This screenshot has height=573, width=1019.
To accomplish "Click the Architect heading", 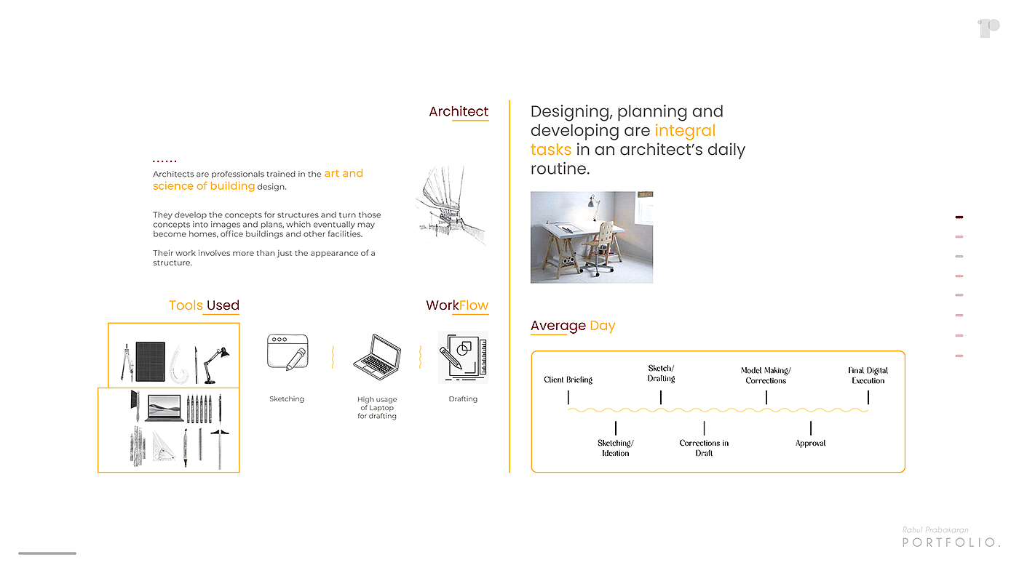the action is (459, 112).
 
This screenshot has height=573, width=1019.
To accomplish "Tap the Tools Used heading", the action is (204, 305).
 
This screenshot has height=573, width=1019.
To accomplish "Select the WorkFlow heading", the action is (457, 305).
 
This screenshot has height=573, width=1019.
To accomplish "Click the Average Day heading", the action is (573, 326).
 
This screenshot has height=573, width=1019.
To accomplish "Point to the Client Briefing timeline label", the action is (568, 380).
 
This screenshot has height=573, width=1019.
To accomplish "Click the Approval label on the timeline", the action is (810, 443).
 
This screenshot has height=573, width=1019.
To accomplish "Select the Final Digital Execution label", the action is (868, 375).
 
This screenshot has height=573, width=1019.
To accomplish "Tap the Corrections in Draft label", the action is (704, 448).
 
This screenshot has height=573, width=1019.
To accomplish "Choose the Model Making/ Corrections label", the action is (766, 375).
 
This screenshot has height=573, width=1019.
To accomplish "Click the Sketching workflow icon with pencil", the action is (288, 353).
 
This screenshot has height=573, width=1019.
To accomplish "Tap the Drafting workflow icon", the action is (463, 356).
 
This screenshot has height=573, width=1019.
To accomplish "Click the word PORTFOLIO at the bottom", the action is (951, 542).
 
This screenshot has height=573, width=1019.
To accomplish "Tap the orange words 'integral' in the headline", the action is (685, 131).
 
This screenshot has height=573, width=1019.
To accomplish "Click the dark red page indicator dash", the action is (959, 217).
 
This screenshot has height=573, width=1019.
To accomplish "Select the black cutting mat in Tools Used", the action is (151, 361).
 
